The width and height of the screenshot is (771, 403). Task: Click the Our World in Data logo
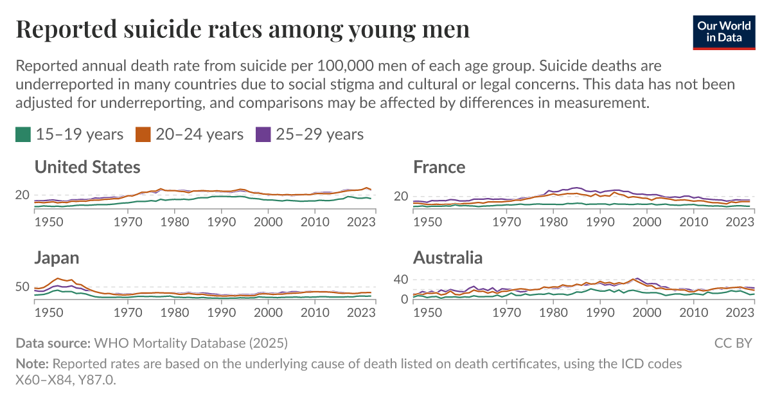click(x=724, y=30)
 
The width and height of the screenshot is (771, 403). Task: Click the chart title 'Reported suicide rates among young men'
click(x=242, y=30)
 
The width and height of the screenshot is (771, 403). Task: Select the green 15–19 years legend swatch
click(x=23, y=134)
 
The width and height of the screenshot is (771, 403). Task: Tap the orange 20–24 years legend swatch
click(x=143, y=134)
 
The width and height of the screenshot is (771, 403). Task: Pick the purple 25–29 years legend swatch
click(x=263, y=134)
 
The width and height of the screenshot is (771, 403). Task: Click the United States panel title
click(x=87, y=168)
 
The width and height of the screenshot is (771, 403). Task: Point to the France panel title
click(x=439, y=168)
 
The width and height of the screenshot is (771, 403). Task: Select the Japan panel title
click(x=57, y=258)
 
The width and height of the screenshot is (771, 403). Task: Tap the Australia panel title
click(x=448, y=258)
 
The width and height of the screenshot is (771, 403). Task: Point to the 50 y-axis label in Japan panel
click(x=22, y=287)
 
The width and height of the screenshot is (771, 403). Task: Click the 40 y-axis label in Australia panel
click(x=401, y=280)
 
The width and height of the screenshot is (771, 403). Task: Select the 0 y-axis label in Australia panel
click(x=405, y=299)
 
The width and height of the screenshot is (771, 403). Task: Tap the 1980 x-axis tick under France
click(x=551, y=222)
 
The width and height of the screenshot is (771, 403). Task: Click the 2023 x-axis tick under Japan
click(x=362, y=312)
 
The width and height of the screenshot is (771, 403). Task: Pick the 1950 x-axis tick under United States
click(x=49, y=222)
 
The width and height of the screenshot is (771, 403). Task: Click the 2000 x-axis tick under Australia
click(x=647, y=312)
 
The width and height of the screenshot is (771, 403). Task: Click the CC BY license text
click(x=733, y=343)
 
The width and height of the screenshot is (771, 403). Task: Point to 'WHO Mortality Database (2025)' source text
click(x=191, y=343)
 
